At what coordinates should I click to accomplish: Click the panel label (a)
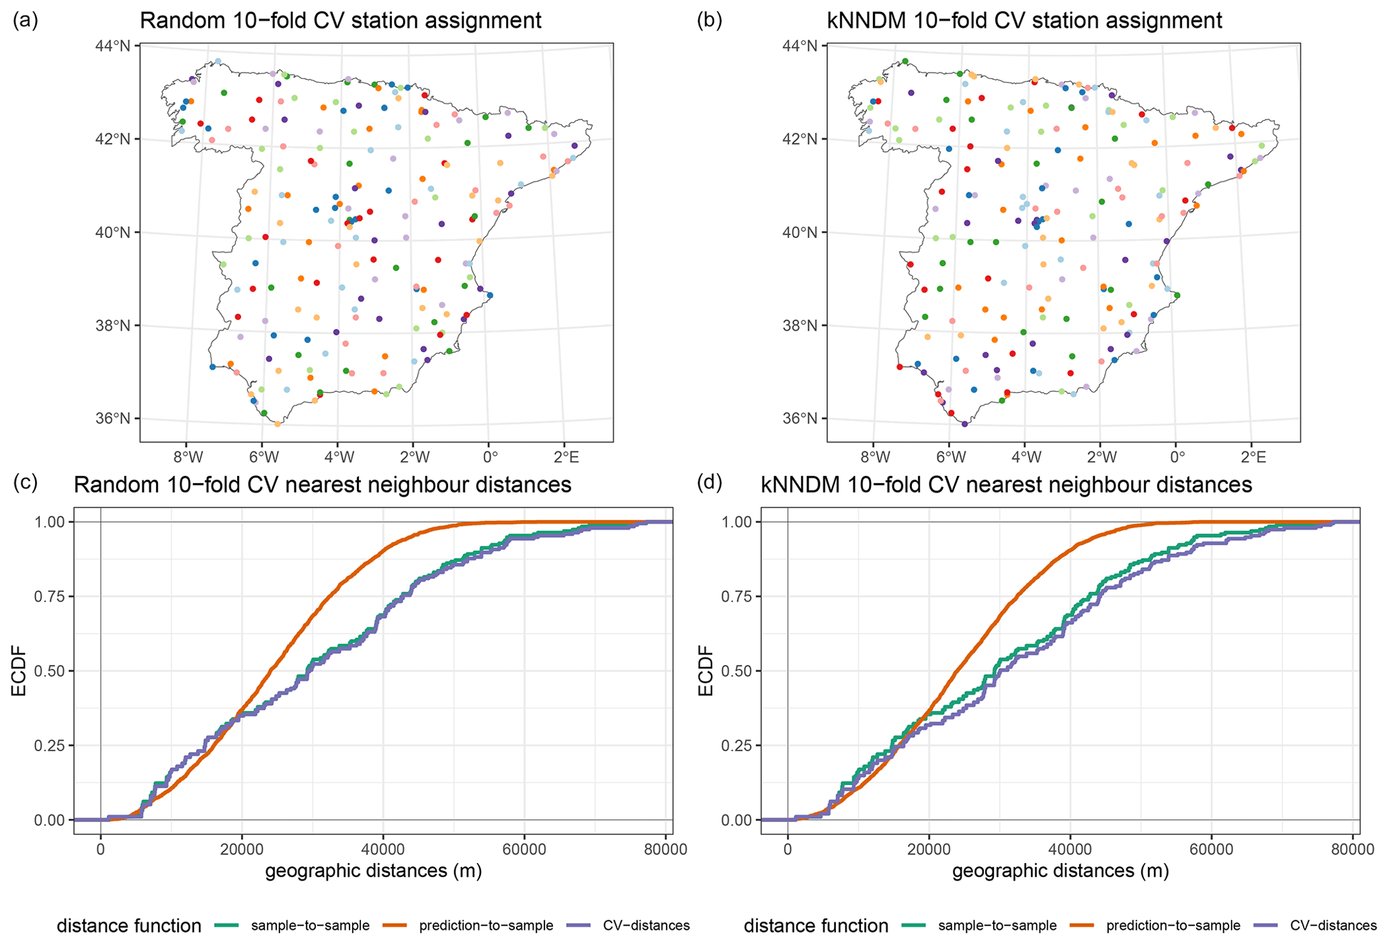(x=26, y=21)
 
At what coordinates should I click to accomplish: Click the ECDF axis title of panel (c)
(x=19, y=671)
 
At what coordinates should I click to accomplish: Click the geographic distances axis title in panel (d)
(x=1060, y=872)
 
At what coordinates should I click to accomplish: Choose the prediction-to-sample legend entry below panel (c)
(x=486, y=926)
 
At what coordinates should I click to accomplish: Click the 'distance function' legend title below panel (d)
(x=816, y=926)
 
